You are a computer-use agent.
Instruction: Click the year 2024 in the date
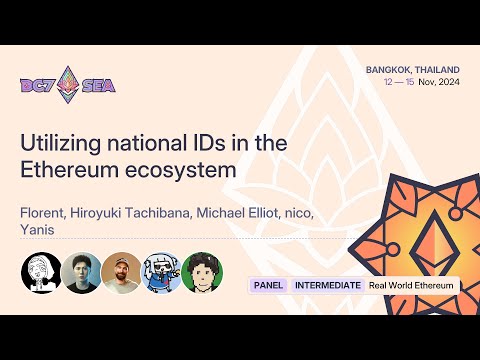point(445,82)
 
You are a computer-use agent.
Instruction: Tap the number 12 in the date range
point(389,82)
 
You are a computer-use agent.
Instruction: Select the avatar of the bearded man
point(121,271)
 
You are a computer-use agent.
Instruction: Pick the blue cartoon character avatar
point(161,271)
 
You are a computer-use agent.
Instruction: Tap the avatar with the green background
point(201,271)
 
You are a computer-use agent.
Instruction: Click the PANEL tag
point(268,285)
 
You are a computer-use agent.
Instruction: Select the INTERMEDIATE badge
point(327,285)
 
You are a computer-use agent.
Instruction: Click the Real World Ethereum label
point(411,285)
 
